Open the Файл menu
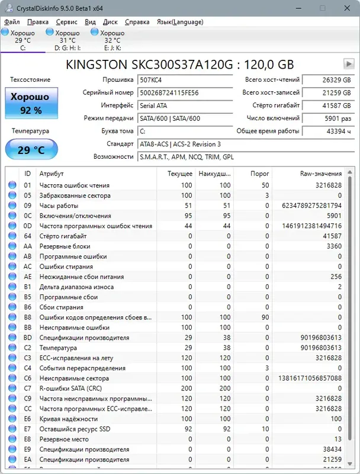coord(11,22)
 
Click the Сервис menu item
coord(66,22)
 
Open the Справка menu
coord(137,22)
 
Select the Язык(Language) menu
coord(179,22)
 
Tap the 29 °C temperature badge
coord(31,149)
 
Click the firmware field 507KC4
coord(185,79)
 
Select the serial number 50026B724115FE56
coord(185,92)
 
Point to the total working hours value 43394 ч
coord(327,131)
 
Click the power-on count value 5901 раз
coord(327,118)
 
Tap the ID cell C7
coord(27,388)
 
